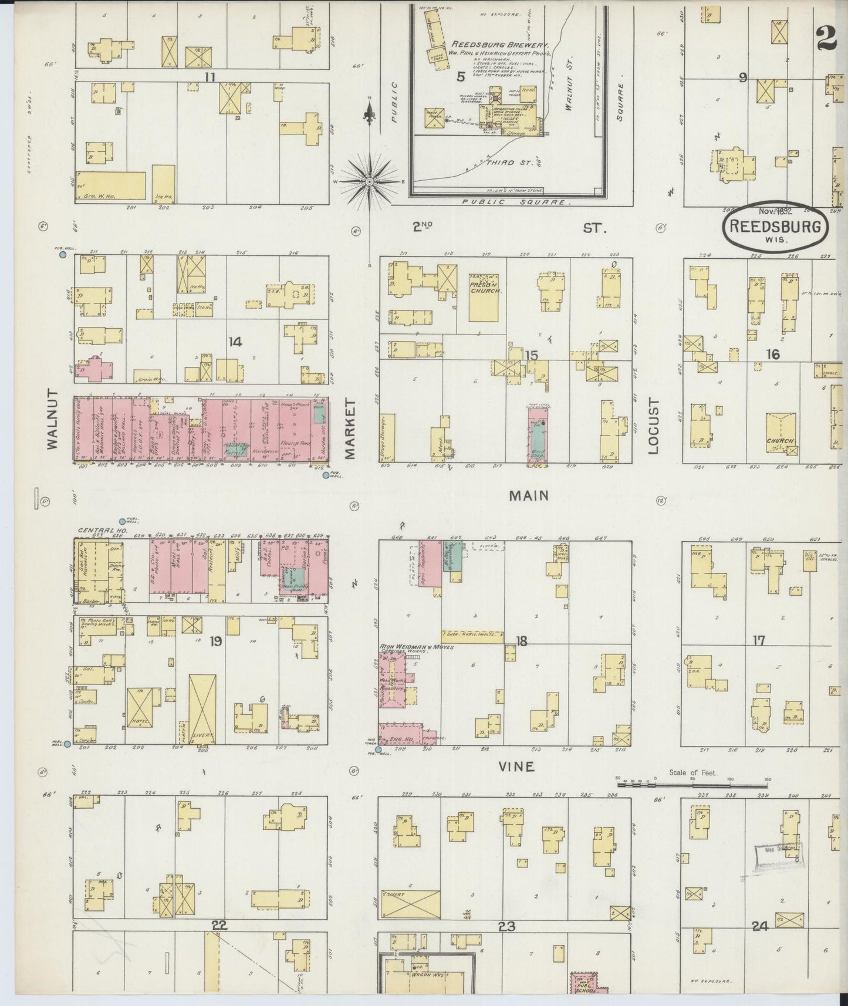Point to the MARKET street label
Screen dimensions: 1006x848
(352, 428)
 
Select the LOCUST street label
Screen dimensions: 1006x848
(654, 427)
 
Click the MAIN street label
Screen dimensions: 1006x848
(528, 496)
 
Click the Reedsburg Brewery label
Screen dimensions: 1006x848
(501, 45)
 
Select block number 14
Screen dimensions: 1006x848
(235, 342)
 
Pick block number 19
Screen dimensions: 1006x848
(215, 641)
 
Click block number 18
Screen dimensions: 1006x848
(521, 641)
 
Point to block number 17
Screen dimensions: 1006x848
(759, 640)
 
